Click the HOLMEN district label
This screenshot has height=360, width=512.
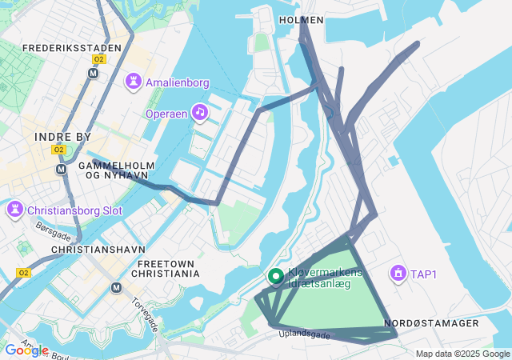[x=302, y=19]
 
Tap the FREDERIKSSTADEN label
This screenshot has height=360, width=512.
[x=72, y=48]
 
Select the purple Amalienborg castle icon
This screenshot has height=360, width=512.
[x=134, y=82]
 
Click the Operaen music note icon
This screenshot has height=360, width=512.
[x=199, y=113]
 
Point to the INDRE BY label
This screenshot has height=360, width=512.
[x=62, y=137]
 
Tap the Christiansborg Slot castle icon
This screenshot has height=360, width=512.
[x=14, y=211]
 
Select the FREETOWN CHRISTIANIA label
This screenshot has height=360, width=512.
[x=168, y=268]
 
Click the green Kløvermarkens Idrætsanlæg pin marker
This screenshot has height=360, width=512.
[x=276, y=277]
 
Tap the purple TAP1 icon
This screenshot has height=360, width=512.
[x=397, y=274]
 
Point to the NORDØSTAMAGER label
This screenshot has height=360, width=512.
[x=431, y=323]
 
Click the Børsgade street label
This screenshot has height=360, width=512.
[x=52, y=231]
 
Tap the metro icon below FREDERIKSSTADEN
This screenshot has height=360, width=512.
[x=94, y=73]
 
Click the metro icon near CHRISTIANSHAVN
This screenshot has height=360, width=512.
[x=117, y=288]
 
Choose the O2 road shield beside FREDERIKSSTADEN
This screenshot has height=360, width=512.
[x=99, y=59]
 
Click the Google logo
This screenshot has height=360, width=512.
[x=26, y=350]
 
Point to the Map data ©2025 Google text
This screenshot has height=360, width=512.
[x=462, y=354]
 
